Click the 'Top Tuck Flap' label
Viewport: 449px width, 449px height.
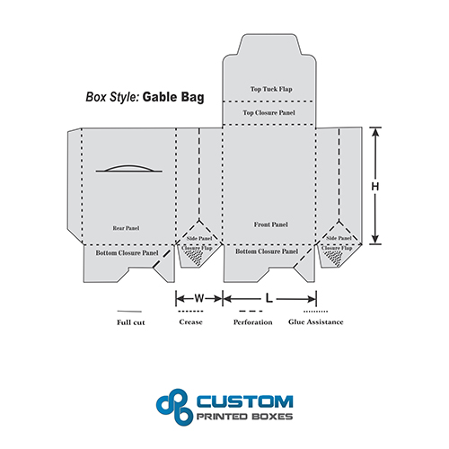271,89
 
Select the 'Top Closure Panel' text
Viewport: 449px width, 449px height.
269,113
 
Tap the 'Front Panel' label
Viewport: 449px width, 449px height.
271,224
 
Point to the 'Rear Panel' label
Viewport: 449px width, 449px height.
126,228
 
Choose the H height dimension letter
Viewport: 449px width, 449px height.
375,187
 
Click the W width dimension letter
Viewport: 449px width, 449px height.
199,298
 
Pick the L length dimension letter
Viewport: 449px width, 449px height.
269,298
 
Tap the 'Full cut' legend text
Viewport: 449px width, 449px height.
131,322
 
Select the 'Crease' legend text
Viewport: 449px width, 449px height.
190,322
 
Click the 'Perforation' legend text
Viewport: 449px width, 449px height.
253,322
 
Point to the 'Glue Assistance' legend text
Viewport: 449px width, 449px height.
316,322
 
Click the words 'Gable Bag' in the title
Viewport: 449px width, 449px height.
173,97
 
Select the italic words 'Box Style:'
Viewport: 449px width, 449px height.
112,97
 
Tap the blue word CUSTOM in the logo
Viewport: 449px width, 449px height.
245,401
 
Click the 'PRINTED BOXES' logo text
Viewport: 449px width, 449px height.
244,417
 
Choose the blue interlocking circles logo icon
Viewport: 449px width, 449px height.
175,407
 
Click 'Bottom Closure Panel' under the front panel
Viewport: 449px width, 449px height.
267,251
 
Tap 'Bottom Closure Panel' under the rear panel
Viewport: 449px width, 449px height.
127,253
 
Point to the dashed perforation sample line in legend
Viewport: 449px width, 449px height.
251,312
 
